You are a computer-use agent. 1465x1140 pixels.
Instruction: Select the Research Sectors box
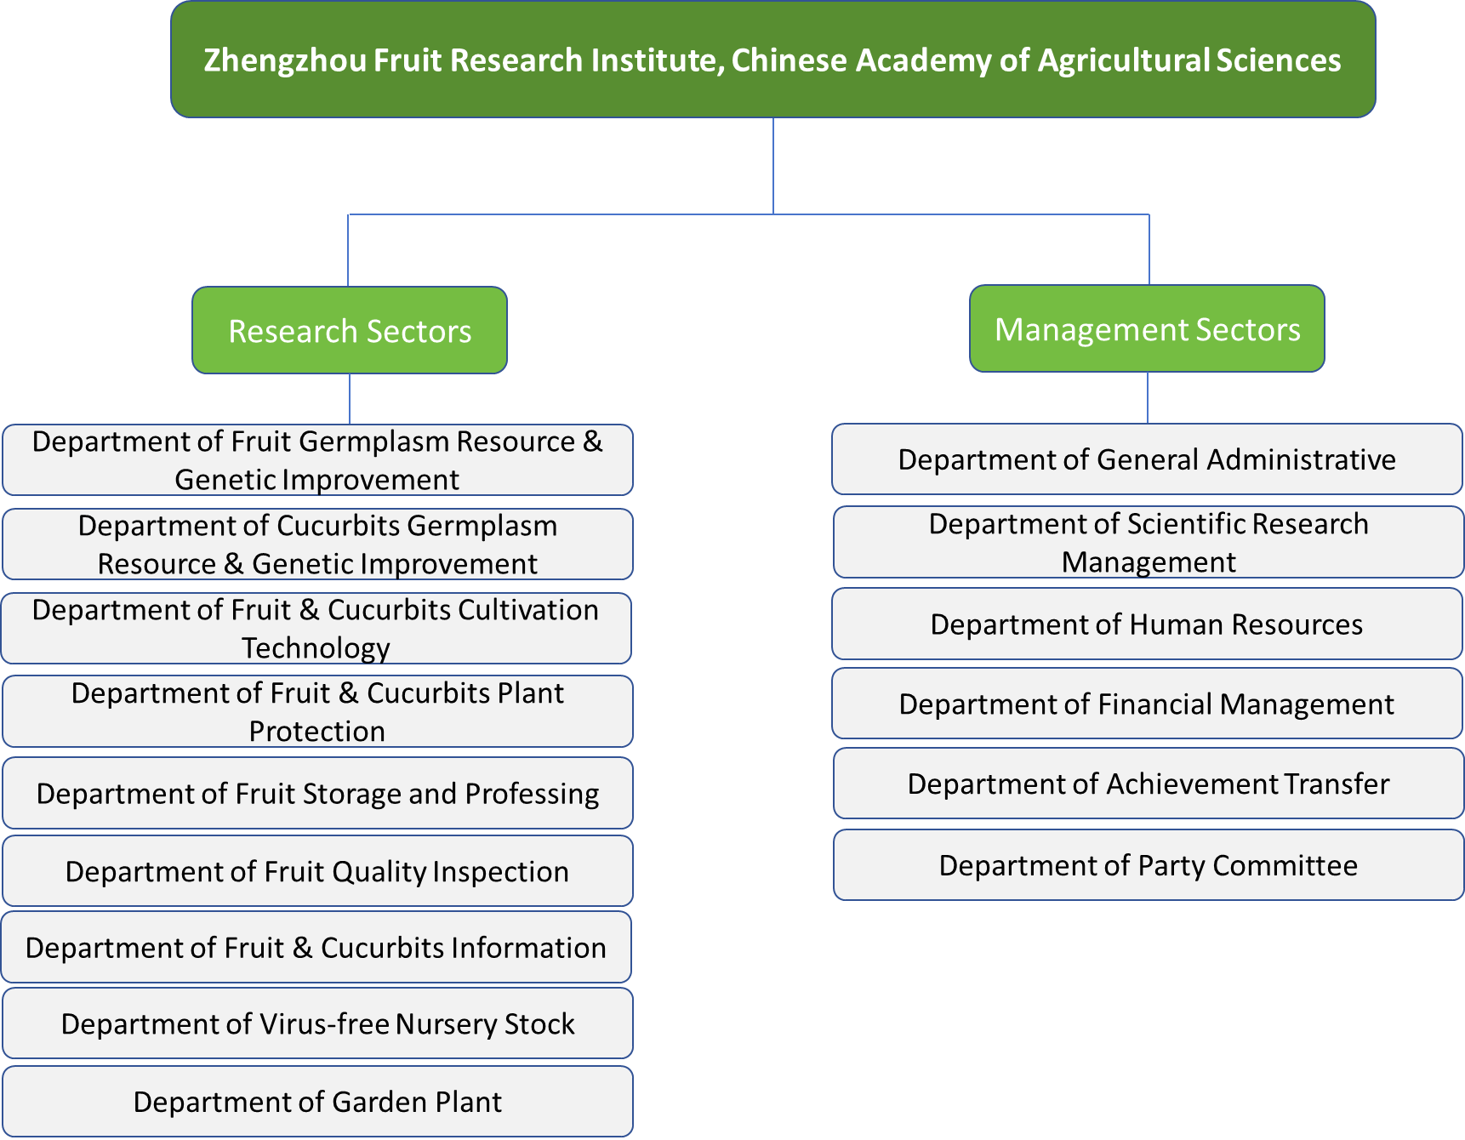(350, 330)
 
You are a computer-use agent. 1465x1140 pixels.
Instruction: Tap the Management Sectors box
(1147, 328)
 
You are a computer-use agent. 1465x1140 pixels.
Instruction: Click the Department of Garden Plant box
(317, 1102)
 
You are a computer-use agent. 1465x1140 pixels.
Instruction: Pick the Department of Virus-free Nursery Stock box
(317, 1023)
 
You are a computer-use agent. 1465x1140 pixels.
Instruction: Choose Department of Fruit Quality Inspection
(317, 871)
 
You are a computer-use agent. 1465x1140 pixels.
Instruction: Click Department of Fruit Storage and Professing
(317, 793)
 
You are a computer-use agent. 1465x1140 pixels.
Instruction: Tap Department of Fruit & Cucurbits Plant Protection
(317, 711)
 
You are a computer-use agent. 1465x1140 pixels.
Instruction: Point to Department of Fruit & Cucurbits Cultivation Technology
(316, 628)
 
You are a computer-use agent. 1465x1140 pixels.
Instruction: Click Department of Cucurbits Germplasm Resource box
(317, 544)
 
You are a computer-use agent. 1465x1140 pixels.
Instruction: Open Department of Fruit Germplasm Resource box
(317, 459)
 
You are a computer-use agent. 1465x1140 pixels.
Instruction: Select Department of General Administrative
(1147, 459)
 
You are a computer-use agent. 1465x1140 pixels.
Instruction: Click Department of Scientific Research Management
(1149, 542)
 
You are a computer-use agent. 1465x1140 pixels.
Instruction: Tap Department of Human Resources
(1147, 624)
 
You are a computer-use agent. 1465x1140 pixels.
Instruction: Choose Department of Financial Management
(1147, 704)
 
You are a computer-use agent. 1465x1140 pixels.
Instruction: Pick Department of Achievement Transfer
(1149, 784)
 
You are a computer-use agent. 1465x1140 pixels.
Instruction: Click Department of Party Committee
(1149, 865)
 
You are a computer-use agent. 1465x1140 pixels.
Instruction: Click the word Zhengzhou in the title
(285, 60)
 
